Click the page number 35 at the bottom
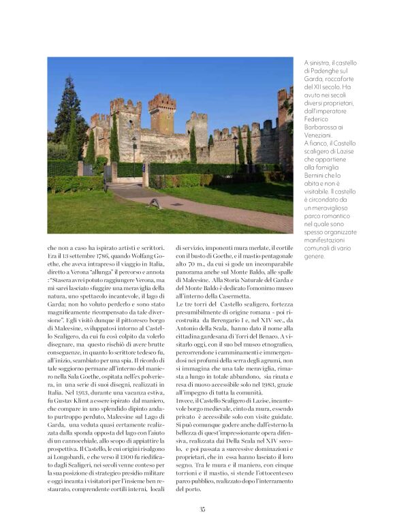click(x=202, y=509)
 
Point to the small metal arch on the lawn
click(x=157, y=203)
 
